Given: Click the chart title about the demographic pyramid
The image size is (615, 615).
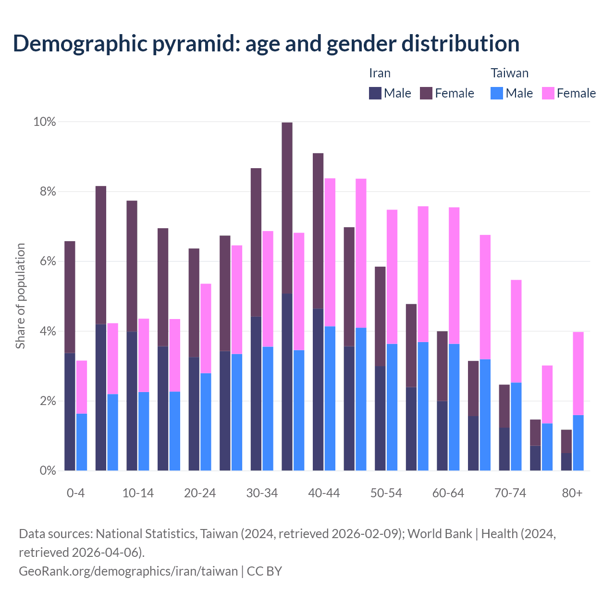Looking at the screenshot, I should point(266,43).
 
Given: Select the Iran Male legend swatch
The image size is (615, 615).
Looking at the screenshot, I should point(375,93).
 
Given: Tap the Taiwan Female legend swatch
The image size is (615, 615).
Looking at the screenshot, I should point(548,93).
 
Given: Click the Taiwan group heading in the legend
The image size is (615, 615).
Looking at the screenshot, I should point(509,73).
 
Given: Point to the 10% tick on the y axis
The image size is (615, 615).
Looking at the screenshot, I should point(44,122).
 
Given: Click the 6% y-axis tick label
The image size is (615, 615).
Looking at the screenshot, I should point(47,261).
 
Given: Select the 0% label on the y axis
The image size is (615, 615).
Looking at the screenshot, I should point(47,471).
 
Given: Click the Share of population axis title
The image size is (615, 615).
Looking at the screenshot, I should point(20,295).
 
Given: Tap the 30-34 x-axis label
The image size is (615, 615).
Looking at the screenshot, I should point(262,493).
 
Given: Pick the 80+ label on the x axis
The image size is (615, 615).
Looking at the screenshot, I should point(572,493).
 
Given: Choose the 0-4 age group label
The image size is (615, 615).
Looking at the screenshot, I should point(76,493).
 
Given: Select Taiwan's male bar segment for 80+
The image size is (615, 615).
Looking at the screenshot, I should point(578,443).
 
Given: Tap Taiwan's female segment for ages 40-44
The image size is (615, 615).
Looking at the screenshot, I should point(330,252).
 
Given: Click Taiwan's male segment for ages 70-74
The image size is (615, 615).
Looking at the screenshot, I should point(516,426).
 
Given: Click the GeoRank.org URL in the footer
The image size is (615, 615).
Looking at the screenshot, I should point(128,571).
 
